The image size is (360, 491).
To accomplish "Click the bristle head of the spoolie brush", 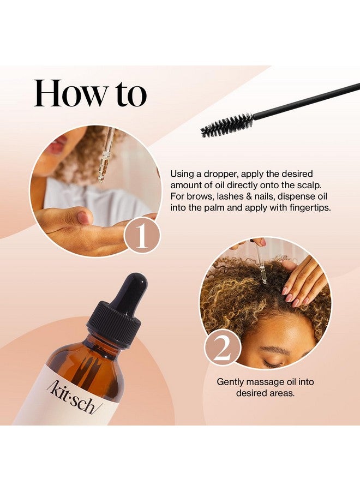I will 226,125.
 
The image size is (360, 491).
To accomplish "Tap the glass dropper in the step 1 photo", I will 105,155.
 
